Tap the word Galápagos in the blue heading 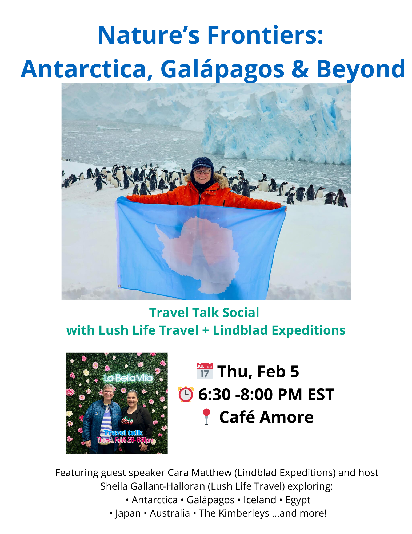(222, 69)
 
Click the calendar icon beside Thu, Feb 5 (205, 371)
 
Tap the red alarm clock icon (186, 394)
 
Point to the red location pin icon (206, 417)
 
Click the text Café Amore (266, 417)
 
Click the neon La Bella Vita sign (128, 378)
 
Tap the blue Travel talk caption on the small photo (123, 433)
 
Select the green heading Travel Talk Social (204, 313)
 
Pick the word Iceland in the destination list (260, 500)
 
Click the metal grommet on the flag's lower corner (119, 286)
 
